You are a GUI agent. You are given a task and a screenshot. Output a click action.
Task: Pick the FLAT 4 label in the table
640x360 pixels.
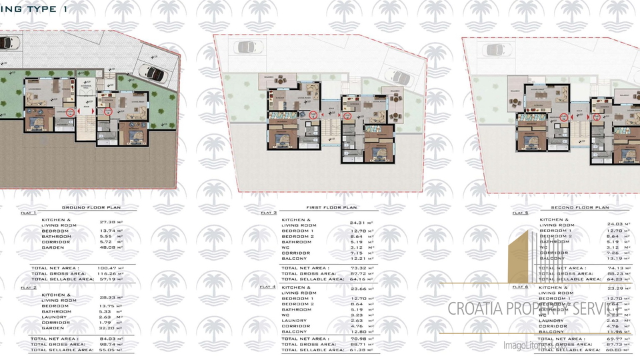pyautogui.click(x=268, y=287)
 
